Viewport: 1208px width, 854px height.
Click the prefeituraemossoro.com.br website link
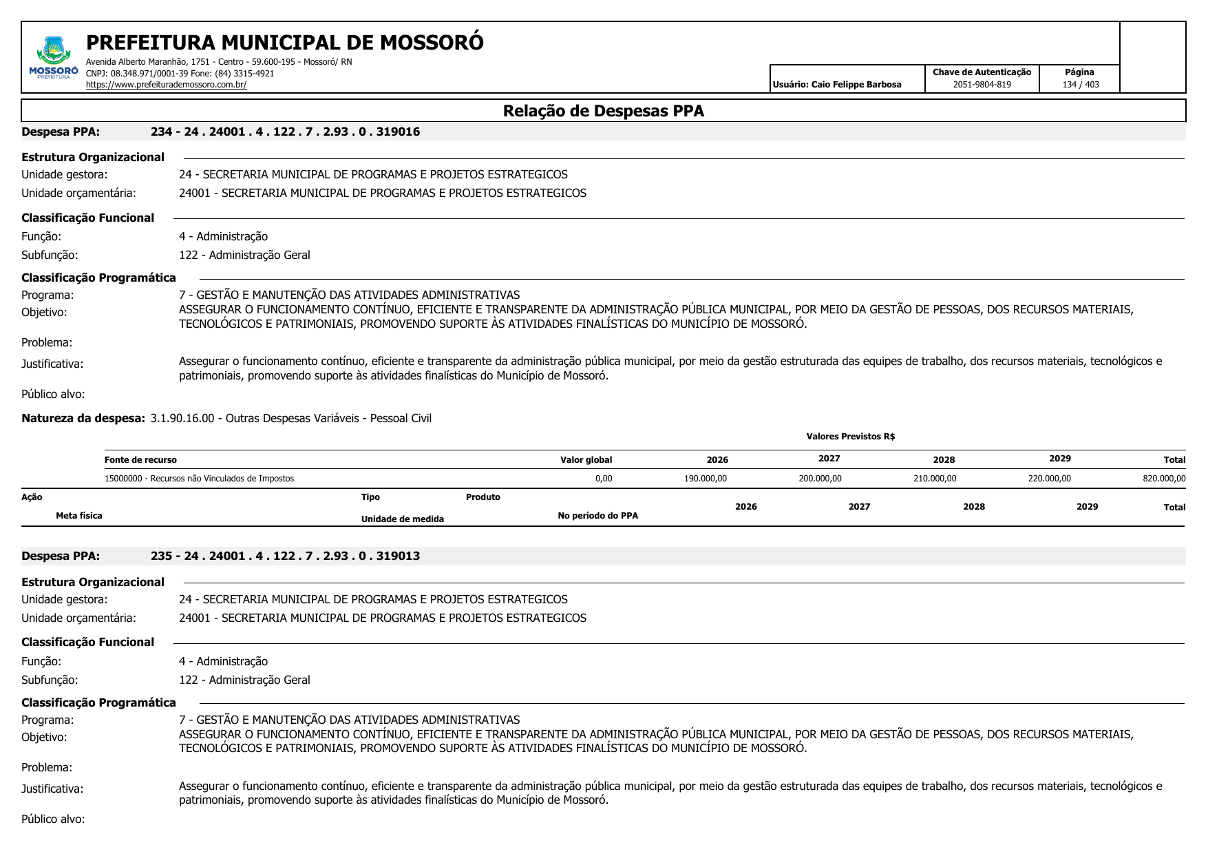click(x=166, y=85)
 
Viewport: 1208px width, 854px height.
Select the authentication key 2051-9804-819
click(x=982, y=85)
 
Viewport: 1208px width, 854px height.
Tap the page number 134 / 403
click(x=1080, y=85)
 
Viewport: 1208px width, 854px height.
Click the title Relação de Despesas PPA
click(x=603, y=111)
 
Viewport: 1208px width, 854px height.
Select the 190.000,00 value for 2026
click(x=705, y=479)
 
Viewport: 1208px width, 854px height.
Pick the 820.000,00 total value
click(x=1163, y=479)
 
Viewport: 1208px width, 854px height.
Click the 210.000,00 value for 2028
click(x=934, y=479)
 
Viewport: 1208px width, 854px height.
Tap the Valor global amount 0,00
click(x=603, y=479)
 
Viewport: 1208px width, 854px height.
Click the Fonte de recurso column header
click(x=140, y=460)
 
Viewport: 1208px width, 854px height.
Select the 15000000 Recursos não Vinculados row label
click(x=199, y=479)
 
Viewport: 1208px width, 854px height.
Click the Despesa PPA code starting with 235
click(x=285, y=556)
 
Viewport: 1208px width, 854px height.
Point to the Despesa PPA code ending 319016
click(x=285, y=132)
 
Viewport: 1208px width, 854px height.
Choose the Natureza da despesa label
click(x=83, y=418)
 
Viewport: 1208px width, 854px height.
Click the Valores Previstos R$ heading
click(x=850, y=437)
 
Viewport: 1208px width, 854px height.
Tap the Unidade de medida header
click(x=402, y=519)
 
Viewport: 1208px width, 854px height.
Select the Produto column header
click(x=483, y=497)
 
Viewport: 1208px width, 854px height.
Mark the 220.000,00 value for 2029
click(x=1049, y=479)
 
